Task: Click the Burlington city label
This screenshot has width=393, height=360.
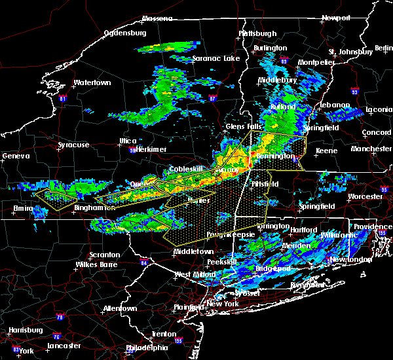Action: coord(270,48)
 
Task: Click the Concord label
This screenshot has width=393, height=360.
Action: coord(376,132)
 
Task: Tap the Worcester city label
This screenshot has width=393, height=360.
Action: coord(365,196)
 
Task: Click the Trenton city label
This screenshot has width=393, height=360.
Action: coord(164,334)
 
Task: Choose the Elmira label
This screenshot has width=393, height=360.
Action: coord(22,208)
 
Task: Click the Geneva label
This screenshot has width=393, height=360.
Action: coord(16,156)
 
